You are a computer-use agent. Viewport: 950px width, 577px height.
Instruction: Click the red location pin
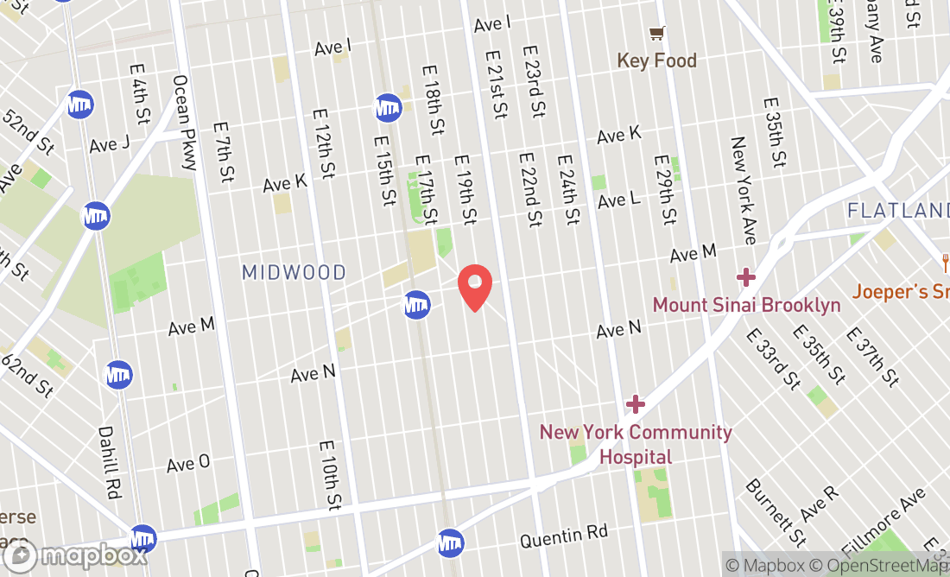474,288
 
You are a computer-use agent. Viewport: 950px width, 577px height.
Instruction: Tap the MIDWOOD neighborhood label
294,273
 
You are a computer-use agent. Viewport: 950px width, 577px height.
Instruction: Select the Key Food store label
656,60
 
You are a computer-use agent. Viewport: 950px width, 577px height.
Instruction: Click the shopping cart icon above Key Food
657,34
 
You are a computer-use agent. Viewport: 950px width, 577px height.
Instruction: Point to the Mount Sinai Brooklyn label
746,305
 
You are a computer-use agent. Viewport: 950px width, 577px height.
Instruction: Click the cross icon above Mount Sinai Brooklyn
746,277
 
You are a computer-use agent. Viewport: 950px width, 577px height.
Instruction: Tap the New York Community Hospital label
636,444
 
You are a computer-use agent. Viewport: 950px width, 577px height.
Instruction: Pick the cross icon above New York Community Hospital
636,403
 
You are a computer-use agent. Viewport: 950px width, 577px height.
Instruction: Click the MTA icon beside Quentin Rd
450,542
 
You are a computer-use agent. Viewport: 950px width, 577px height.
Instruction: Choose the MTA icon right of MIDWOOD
417,304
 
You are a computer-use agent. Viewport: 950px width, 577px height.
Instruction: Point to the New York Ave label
744,190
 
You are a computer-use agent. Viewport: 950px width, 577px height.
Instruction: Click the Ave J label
109,144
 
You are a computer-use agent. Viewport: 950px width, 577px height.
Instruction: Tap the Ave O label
188,463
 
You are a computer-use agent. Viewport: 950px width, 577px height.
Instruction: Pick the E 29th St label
666,190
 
